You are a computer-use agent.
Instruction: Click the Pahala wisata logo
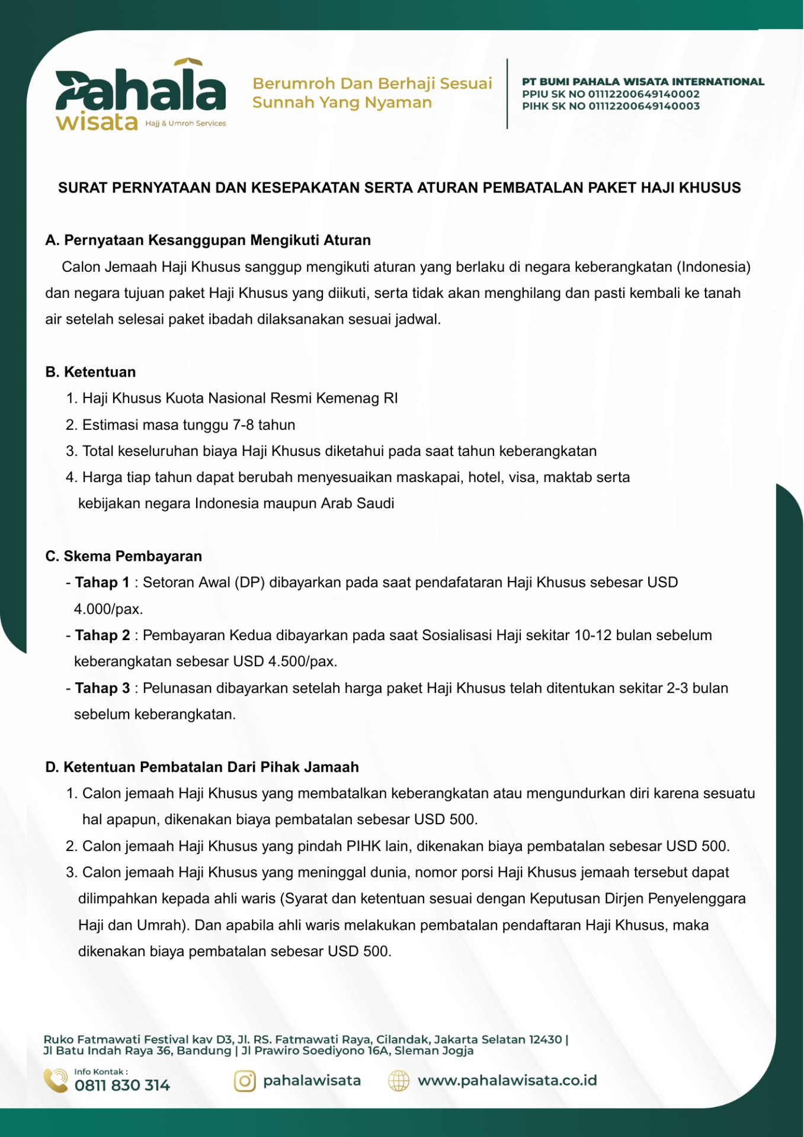click(140, 95)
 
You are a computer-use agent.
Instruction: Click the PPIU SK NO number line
click(610, 94)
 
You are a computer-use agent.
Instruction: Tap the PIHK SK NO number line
click(610, 107)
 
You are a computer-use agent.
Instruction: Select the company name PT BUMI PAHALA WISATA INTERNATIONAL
click(643, 82)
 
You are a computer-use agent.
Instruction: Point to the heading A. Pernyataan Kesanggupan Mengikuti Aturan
click(208, 240)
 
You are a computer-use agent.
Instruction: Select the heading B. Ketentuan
click(91, 372)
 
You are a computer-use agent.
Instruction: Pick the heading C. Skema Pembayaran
click(124, 557)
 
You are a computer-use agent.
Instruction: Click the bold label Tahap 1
click(102, 583)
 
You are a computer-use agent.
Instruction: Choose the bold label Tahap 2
click(102, 635)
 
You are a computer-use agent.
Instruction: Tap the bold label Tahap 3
click(102, 688)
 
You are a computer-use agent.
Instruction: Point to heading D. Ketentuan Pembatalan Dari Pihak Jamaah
click(202, 767)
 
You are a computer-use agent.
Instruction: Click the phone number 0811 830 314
click(122, 1085)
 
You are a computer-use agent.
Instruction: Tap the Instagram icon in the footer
click(245, 1081)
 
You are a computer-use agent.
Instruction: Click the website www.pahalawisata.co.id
click(507, 1081)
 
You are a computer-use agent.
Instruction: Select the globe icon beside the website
click(399, 1081)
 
